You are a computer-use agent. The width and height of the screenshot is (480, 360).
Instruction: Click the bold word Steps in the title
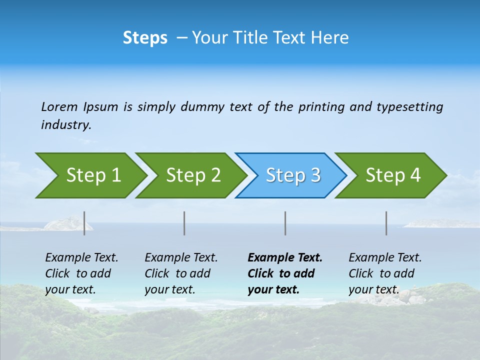145,38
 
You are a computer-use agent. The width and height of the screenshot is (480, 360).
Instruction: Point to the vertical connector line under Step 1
84,223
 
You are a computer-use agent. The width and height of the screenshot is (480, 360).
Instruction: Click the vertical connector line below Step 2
184,223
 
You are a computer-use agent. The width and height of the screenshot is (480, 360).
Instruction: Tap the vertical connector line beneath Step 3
285,223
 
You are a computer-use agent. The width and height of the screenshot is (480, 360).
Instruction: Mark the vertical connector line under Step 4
386,223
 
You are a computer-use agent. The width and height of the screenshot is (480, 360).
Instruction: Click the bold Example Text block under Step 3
284,273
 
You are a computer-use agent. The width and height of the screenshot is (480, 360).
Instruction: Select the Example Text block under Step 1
81,273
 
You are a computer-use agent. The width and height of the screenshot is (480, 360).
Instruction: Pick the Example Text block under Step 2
181,273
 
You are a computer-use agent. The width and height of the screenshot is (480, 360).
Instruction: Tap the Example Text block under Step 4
385,273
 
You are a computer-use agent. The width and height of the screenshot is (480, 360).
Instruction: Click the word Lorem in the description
59,107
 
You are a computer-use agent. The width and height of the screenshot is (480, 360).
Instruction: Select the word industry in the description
65,125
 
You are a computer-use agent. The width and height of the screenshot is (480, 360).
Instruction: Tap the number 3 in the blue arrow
315,175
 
